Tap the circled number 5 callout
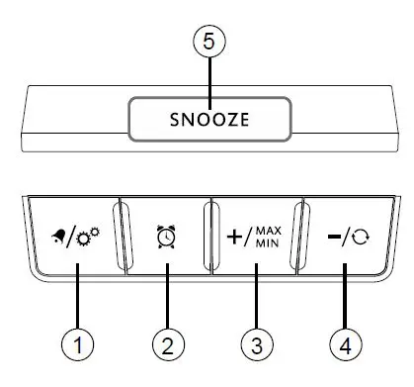pos(208,43)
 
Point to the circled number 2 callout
pos(167,345)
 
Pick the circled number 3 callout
pos(256,345)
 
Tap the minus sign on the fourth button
pos(337,238)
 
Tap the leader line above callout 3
pos(256,291)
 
